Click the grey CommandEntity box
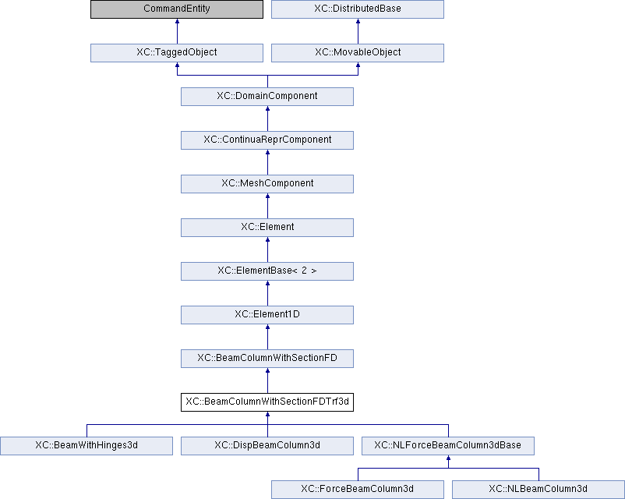pyautogui.click(x=177, y=9)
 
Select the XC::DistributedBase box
pyautogui.click(x=358, y=9)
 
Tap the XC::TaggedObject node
pyautogui.click(x=177, y=53)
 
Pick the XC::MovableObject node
pyautogui.click(x=358, y=53)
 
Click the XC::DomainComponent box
pyautogui.click(x=267, y=97)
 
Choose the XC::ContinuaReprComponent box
pyautogui.click(x=267, y=140)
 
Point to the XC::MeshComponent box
pyautogui.click(x=267, y=184)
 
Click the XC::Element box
pyautogui.click(x=267, y=228)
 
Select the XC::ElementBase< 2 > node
pyautogui.click(x=267, y=271)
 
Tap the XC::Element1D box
pyautogui.click(x=267, y=315)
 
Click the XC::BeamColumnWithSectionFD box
pyautogui.click(x=267, y=359)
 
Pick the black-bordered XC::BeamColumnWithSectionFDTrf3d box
pyautogui.click(x=267, y=402)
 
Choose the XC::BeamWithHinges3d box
pyautogui.click(x=87, y=446)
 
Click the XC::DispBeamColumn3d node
pyautogui.click(x=267, y=446)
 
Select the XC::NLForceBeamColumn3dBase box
pyautogui.click(x=448, y=446)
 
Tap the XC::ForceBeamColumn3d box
pyautogui.click(x=358, y=490)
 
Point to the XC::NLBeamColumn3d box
pyautogui.click(x=538, y=490)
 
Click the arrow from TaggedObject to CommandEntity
pyautogui.click(x=177, y=31)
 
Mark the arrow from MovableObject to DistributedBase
pyautogui.click(x=358, y=31)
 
